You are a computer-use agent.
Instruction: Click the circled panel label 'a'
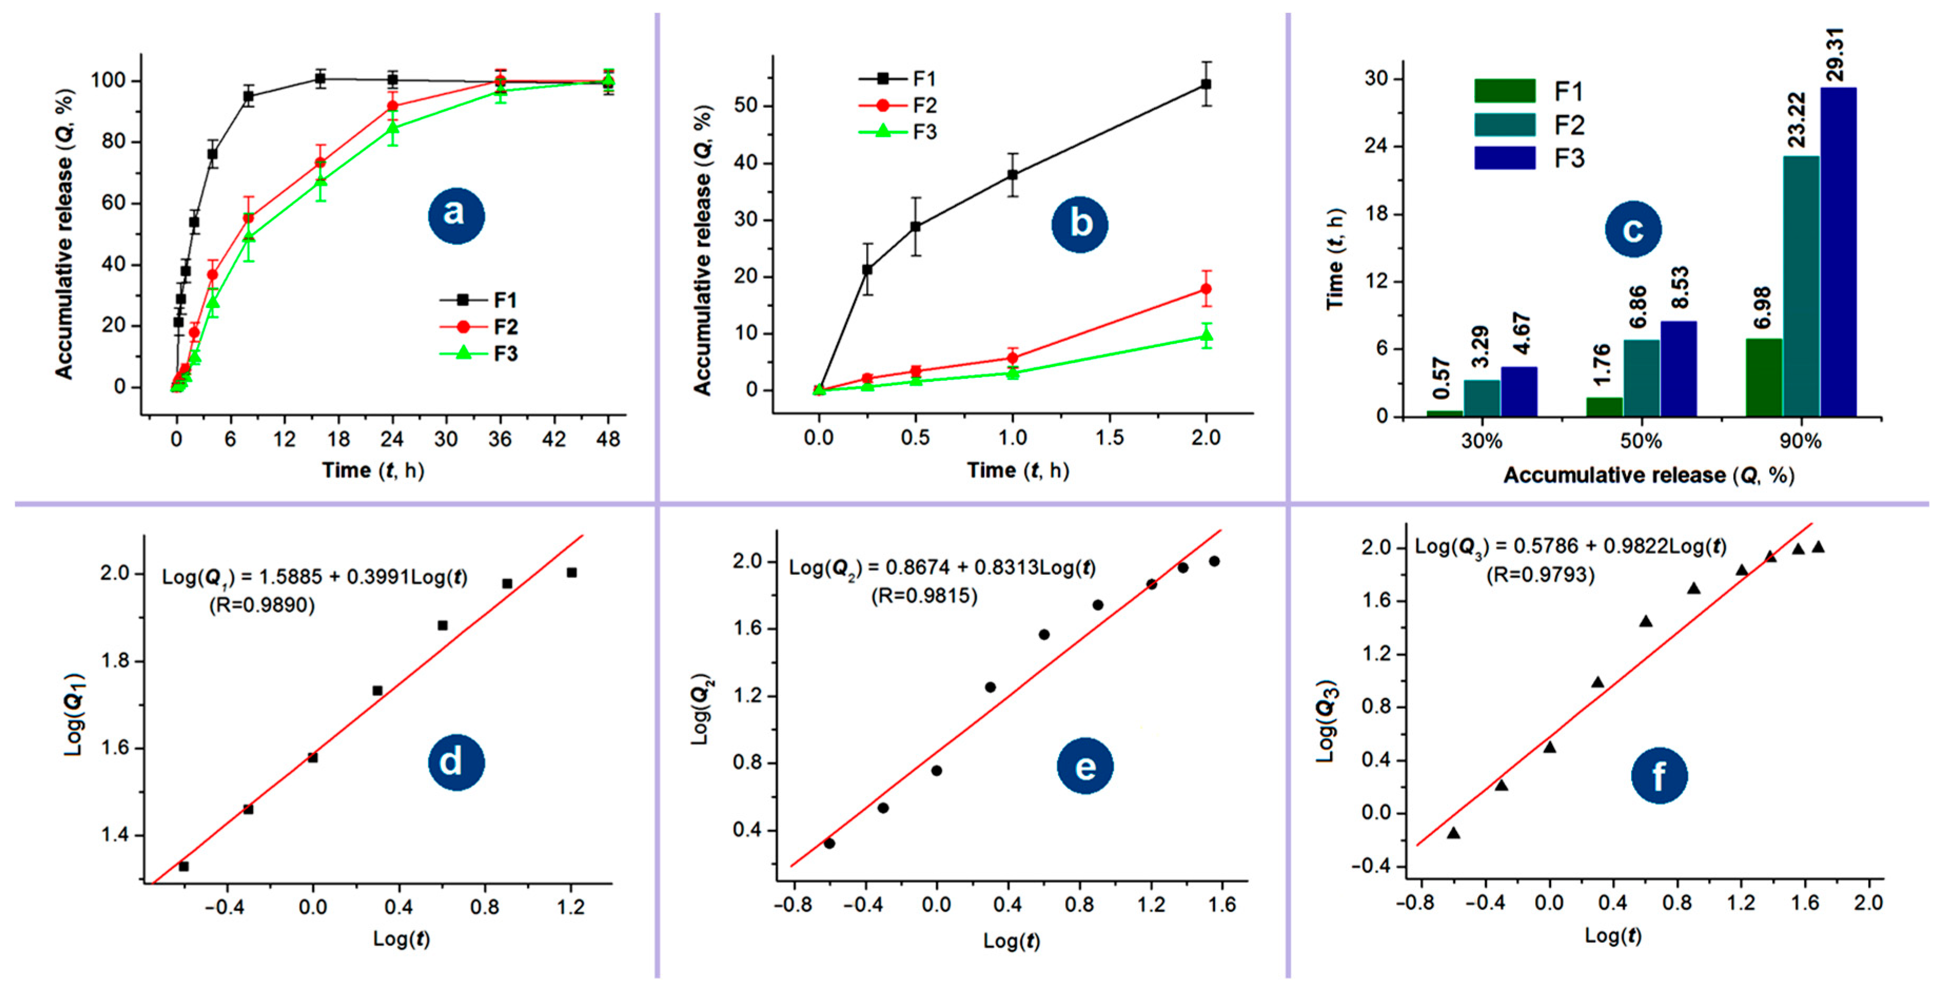[456, 215]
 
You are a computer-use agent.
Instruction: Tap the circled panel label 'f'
[1659, 775]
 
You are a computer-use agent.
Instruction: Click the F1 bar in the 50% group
[1604, 406]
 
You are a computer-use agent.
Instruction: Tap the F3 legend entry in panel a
[479, 353]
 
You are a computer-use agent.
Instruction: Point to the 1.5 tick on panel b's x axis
[1109, 438]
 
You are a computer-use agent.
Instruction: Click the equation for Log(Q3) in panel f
[1570, 546]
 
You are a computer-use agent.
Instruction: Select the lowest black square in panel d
[183, 866]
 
